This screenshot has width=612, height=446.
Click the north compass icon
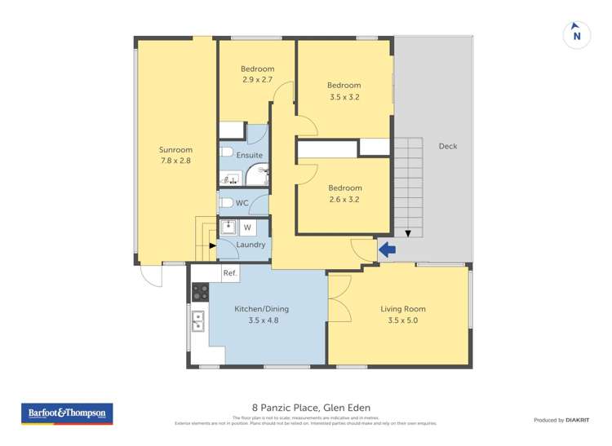(577, 34)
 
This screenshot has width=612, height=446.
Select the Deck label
(447, 147)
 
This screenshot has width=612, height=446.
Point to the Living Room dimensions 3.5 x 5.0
(402, 320)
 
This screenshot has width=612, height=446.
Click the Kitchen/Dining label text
(261, 309)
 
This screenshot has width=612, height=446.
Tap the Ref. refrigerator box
(229, 274)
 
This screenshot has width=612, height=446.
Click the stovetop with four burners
(200, 292)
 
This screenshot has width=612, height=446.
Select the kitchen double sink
(197, 323)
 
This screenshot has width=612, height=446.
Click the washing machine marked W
(247, 227)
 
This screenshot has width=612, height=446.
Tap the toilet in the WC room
(227, 203)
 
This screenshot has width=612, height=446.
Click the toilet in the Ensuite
(227, 152)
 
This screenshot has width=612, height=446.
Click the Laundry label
(250, 245)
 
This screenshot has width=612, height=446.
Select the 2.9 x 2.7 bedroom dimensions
(257, 80)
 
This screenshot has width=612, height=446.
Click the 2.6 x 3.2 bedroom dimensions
(344, 199)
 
